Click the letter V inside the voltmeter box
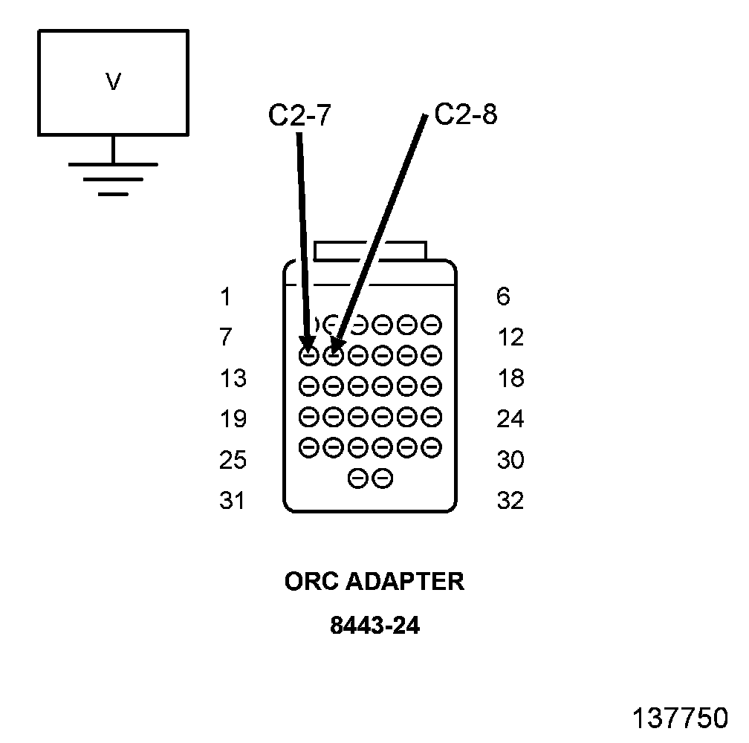(x=113, y=82)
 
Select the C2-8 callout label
(x=465, y=115)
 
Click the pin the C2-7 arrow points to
(x=309, y=356)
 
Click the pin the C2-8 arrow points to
(x=334, y=356)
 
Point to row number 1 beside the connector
(x=225, y=297)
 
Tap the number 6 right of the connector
(x=503, y=297)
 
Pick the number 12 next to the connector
(x=510, y=338)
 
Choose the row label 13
(x=233, y=379)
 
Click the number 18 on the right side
(x=510, y=379)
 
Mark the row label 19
(x=233, y=420)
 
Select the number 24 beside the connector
(x=510, y=420)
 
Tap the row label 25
(x=233, y=461)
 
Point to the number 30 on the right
(x=510, y=461)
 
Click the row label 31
(x=232, y=502)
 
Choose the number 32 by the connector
(x=510, y=502)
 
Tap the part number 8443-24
(x=374, y=626)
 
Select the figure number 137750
(x=680, y=718)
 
